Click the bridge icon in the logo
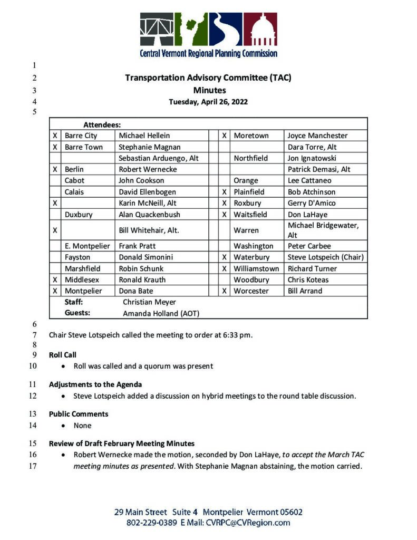157,30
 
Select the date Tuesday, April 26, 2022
208,102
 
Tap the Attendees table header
102,125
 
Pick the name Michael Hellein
144,136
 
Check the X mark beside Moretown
224,136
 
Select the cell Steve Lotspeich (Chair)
326,257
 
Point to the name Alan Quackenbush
149,215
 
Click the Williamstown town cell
256,268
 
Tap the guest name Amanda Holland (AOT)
161,313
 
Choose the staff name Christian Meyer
149,302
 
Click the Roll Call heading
62,355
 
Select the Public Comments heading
79,414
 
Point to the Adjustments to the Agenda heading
95,384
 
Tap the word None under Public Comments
82,426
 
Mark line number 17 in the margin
33,466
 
